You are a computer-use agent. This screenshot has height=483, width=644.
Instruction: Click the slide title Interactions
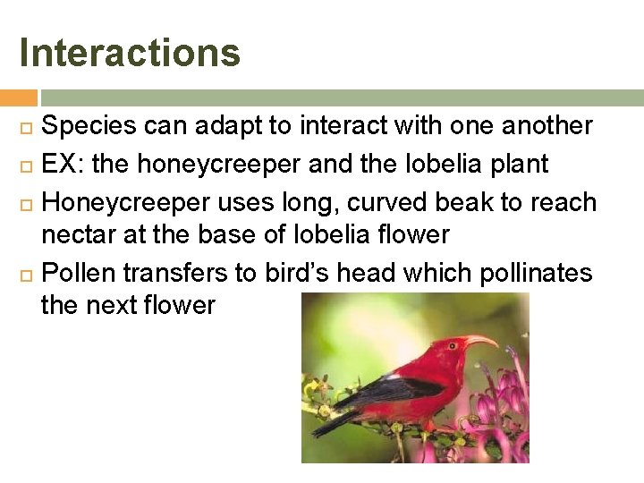[x=130, y=52]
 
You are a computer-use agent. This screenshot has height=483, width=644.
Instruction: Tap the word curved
[x=339, y=203]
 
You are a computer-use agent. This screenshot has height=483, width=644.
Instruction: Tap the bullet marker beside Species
[x=25, y=127]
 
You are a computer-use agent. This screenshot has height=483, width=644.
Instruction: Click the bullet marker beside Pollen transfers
[x=25, y=273]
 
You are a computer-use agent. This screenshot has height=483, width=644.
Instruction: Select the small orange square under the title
[x=19, y=97]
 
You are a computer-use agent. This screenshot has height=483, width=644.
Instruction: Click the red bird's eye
[x=455, y=343]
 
